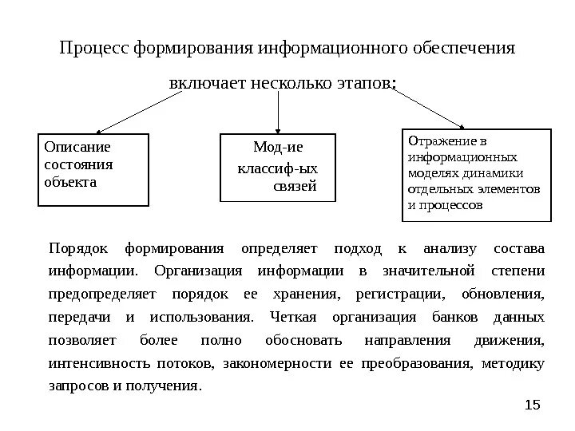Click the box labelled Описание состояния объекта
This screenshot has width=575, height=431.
tap(93, 169)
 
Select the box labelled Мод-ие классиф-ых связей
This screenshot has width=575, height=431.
tap(278, 168)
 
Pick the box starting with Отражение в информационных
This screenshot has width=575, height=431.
tap(474, 174)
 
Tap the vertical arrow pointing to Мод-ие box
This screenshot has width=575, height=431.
tap(278, 112)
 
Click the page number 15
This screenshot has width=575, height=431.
tap(533, 406)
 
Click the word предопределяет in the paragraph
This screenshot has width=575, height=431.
tap(94, 295)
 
